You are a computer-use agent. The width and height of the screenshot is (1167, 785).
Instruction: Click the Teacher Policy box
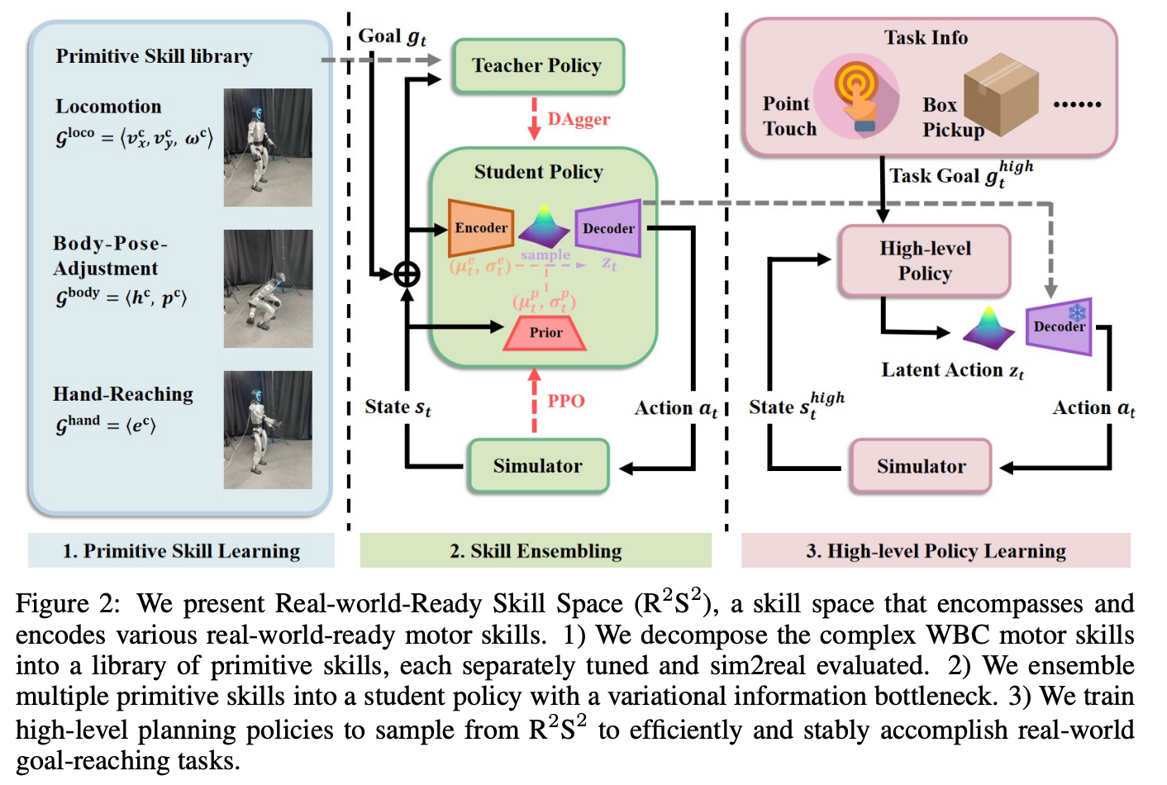coord(537,65)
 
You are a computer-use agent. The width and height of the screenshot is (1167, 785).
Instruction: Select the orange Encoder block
coord(480,228)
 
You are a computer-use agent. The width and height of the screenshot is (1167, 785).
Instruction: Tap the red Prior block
coord(545,332)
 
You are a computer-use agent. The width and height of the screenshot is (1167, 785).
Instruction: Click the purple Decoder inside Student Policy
coord(608,228)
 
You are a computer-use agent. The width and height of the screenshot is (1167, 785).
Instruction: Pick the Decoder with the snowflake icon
coord(1059,326)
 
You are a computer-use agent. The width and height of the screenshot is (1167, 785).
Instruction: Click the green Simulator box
coord(538,466)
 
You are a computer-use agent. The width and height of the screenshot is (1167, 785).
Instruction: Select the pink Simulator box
coord(921,467)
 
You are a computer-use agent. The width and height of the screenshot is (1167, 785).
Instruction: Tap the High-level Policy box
coord(925,261)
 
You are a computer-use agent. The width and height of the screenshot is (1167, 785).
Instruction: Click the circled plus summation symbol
coord(407,274)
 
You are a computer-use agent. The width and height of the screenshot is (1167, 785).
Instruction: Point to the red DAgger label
coord(579,119)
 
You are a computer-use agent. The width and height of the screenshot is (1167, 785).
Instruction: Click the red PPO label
coord(566,401)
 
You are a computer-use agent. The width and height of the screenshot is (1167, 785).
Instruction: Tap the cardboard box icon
coord(1001,94)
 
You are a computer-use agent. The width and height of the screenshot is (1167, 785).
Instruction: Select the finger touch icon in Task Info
coord(857,98)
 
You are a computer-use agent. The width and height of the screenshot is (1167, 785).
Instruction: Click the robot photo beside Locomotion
coord(268,147)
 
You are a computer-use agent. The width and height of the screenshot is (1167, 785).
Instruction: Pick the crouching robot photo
coord(268,288)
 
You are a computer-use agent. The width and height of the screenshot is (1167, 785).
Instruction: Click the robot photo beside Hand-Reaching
coord(268,430)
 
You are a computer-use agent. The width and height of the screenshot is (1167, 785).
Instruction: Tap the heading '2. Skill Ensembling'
coord(536,550)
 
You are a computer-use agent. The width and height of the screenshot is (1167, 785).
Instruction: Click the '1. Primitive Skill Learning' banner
coord(181,550)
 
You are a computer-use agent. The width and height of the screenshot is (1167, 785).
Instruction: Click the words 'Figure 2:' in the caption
coord(67,603)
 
